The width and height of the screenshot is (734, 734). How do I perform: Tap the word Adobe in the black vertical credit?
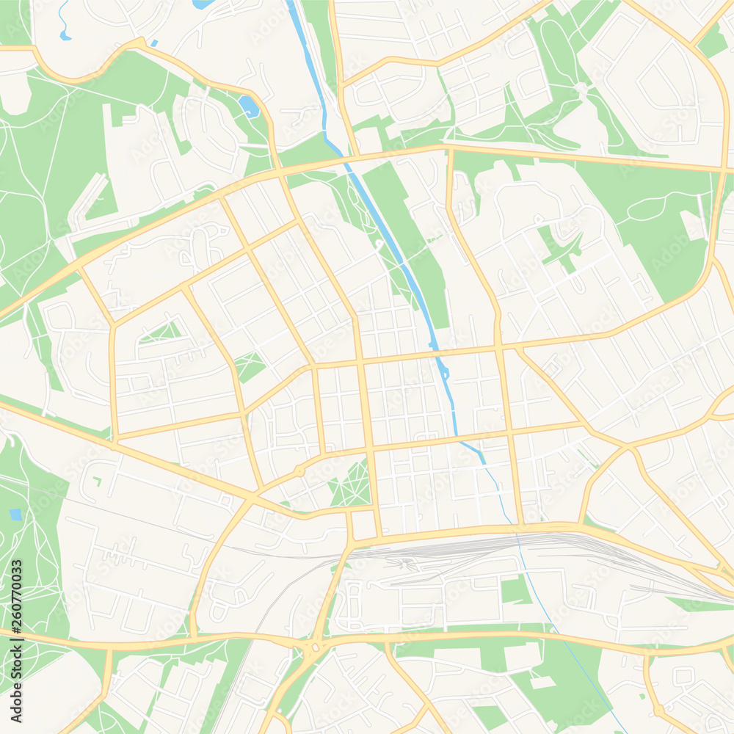click(16, 664)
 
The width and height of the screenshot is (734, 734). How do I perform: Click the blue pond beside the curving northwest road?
click(250, 107)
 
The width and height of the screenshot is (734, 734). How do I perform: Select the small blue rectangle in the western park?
click(15, 515)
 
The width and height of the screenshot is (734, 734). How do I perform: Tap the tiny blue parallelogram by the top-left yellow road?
click(154, 43)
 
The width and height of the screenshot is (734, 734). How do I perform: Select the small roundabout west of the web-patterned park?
click(299, 470)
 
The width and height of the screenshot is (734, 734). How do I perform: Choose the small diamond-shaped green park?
click(250, 366)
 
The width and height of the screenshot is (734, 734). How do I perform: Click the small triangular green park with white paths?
click(161, 333)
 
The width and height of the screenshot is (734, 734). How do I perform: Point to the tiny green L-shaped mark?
click(96, 481)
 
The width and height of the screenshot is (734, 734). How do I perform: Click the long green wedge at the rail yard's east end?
click(697, 604)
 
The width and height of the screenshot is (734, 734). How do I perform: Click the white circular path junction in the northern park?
click(581, 88)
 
